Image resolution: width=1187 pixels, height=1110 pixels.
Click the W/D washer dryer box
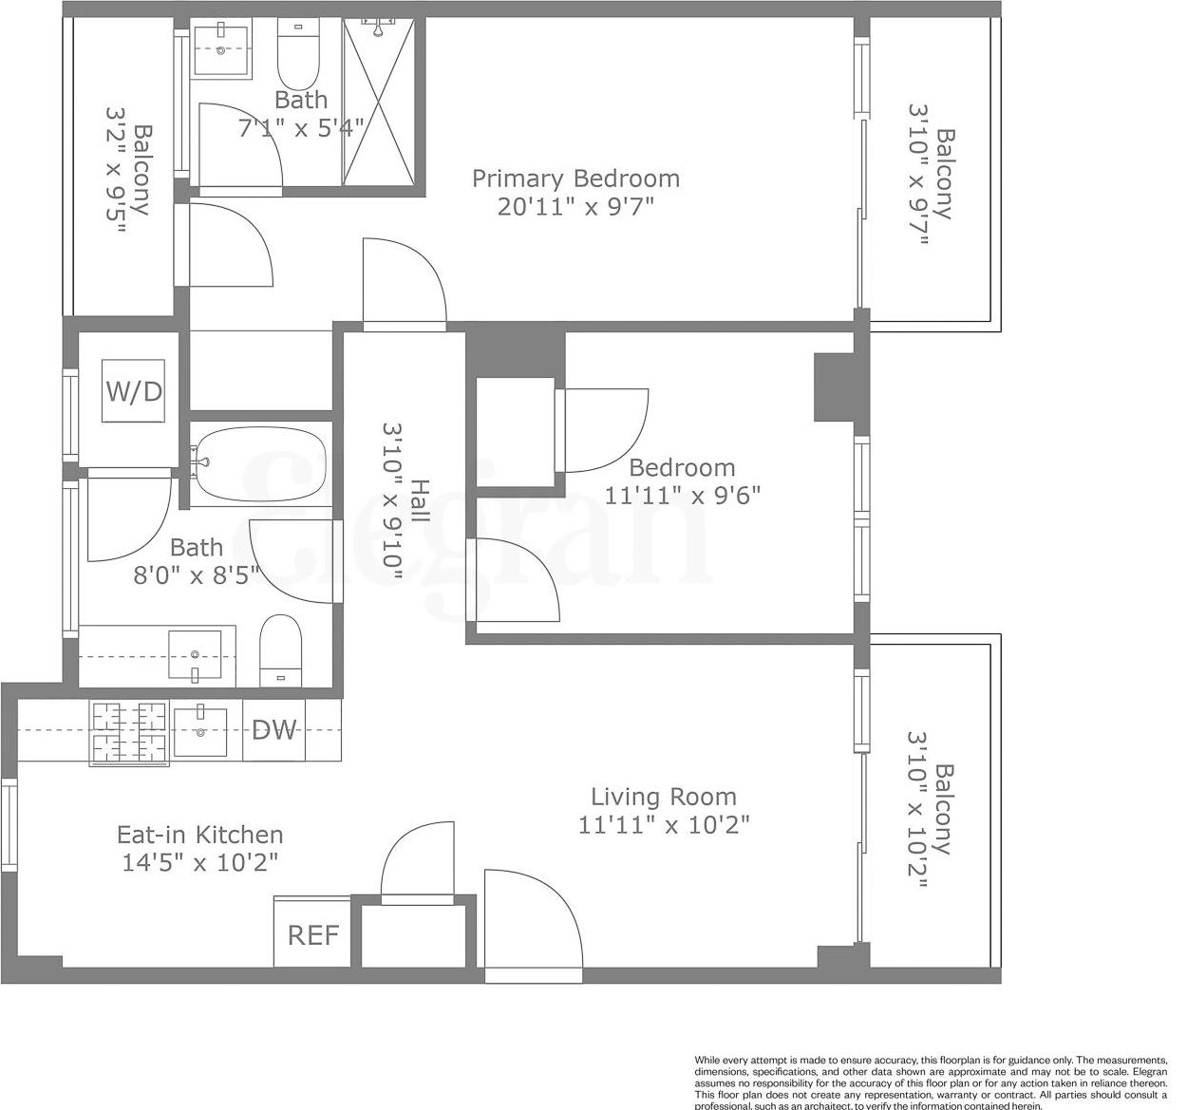[134, 390]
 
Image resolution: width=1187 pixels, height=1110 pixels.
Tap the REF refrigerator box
[312, 934]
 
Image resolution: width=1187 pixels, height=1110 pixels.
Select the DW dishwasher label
[273, 730]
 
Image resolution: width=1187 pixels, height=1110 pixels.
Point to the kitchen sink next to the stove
[200, 731]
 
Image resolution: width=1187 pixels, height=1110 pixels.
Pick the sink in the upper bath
[220, 50]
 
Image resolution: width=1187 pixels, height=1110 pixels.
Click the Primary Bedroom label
[575, 179]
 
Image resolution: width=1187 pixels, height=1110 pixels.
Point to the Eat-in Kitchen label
[199, 835]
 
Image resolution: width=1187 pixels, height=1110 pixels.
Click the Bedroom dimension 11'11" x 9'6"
[683, 495]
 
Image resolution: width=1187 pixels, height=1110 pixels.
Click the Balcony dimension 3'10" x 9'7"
[918, 175]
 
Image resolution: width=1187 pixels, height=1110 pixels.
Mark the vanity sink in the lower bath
[196, 655]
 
